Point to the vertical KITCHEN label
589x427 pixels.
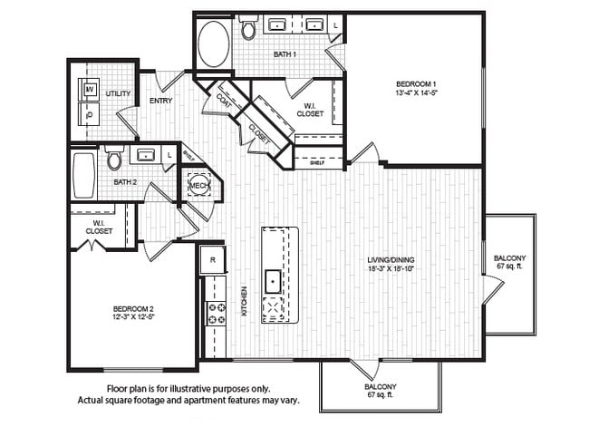click(244, 301)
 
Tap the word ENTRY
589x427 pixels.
click(161, 101)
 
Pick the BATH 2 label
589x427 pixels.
click(125, 182)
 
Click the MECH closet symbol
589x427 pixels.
click(198, 185)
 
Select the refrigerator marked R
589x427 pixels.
click(212, 259)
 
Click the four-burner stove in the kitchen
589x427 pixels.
click(217, 314)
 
